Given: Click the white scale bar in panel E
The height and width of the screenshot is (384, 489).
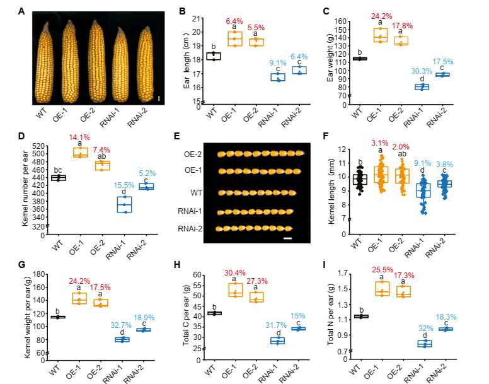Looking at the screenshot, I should (x=286, y=239).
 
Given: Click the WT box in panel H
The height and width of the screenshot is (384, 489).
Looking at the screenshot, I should (x=214, y=313).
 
